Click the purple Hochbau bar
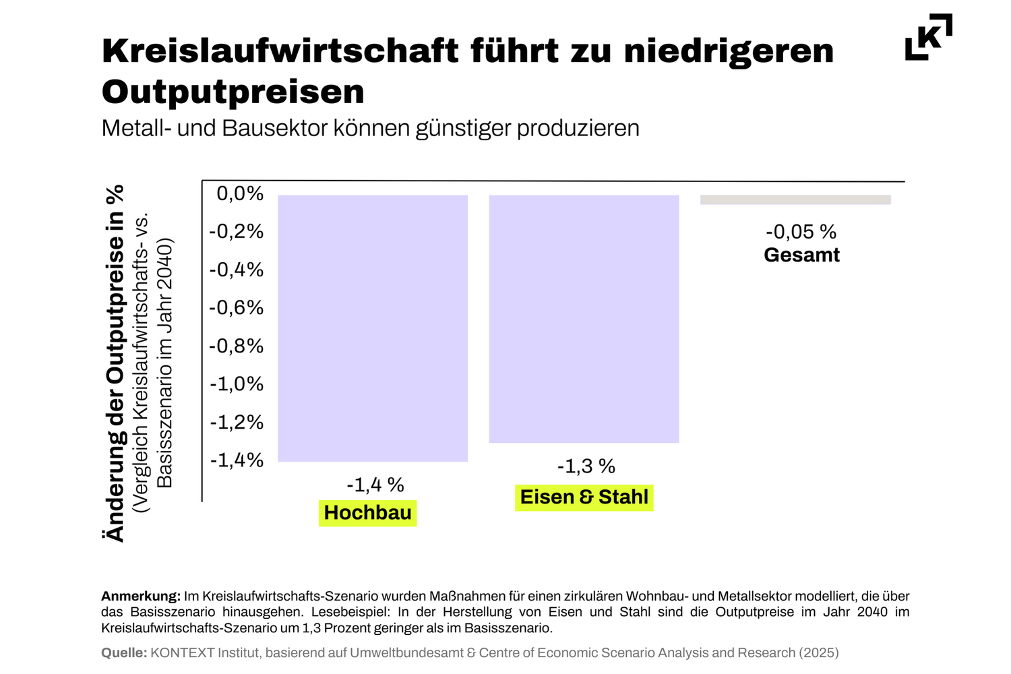(373, 328)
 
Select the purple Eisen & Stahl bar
(584, 319)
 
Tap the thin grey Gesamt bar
(795, 200)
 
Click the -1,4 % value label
(375, 485)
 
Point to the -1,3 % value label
(586, 466)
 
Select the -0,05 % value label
(801, 232)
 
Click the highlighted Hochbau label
(367, 513)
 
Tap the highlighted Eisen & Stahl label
(584, 497)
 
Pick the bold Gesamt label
(801, 255)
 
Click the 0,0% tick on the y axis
(240, 194)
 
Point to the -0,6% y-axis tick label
(236, 308)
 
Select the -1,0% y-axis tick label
(236, 384)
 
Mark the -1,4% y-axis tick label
(236, 460)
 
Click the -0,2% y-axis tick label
(236, 232)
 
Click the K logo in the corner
(929, 37)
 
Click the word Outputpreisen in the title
(233, 92)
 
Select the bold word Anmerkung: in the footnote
(141, 596)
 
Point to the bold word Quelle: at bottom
(124, 653)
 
